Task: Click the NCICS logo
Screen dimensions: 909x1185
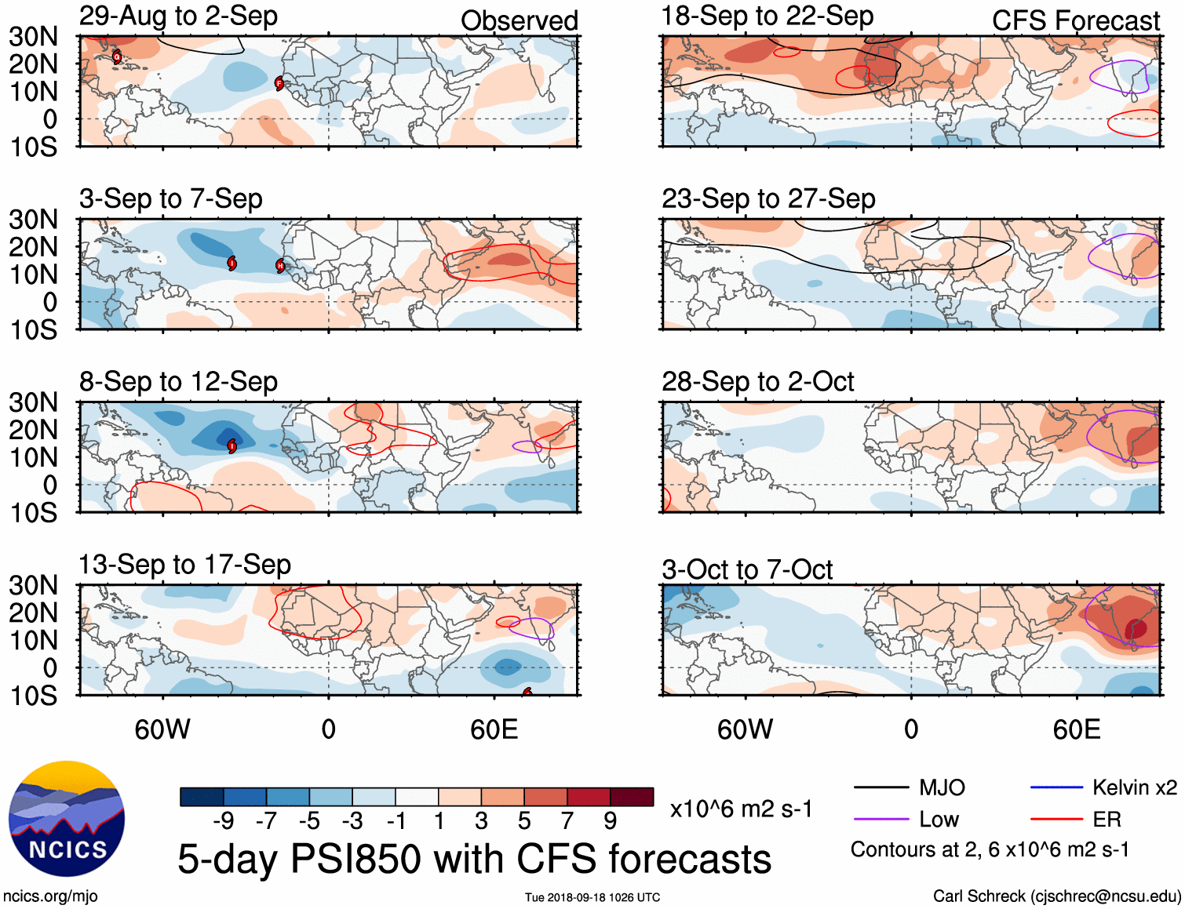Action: pyautogui.click(x=67, y=820)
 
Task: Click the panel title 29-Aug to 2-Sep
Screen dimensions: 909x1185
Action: pyautogui.click(x=178, y=16)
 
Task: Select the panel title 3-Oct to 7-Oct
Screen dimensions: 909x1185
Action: pyautogui.click(x=746, y=569)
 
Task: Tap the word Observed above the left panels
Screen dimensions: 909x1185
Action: pyautogui.click(x=519, y=21)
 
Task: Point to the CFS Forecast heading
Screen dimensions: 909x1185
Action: pyautogui.click(x=1075, y=21)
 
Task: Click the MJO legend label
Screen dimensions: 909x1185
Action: pyautogui.click(x=942, y=787)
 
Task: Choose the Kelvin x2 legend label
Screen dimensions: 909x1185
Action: pyautogui.click(x=1134, y=787)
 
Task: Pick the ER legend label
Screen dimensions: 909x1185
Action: pyautogui.click(x=1107, y=820)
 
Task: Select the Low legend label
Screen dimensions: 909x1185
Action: pyautogui.click(x=939, y=820)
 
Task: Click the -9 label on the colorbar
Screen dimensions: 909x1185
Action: pyautogui.click(x=223, y=820)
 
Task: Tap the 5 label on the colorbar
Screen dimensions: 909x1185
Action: pyautogui.click(x=524, y=820)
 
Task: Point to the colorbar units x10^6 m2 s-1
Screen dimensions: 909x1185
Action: pyautogui.click(x=741, y=809)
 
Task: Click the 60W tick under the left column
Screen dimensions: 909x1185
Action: pyautogui.click(x=162, y=729)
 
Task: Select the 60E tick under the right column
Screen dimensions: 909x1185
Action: pyautogui.click(x=1076, y=729)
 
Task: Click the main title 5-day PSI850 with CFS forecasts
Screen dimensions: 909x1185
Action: pyautogui.click(x=474, y=859)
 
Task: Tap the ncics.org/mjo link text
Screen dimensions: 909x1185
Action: pyautogui.click(x=50, y=896)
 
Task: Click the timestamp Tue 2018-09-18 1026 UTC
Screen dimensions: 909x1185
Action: pyautogui.click(x=592, y=897)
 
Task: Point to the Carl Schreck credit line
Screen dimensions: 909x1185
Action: pyautogui.click(x=1056, y=896)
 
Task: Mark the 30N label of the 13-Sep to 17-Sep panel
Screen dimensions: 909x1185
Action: pyautogui.click(x=33, y=585)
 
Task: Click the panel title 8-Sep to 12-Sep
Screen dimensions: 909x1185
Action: pyautogui.click(x=178, y=382)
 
